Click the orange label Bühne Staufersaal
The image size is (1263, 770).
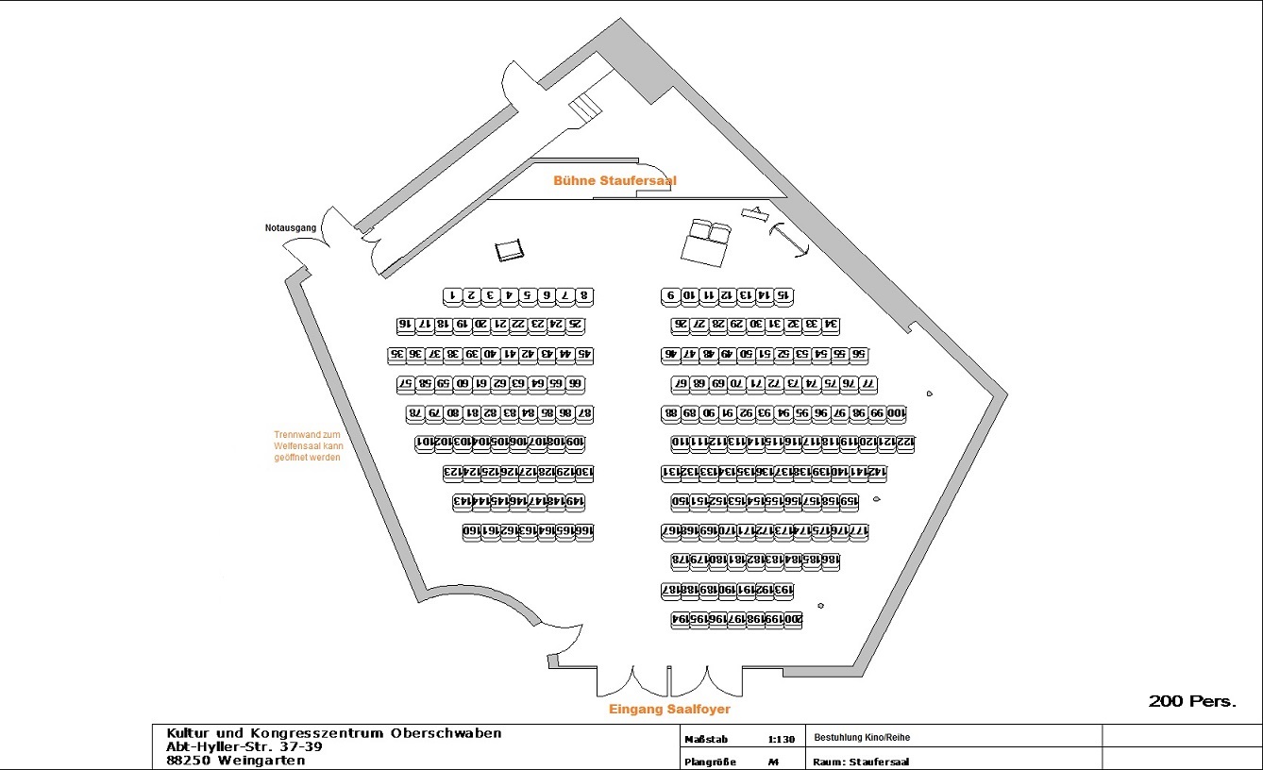click(615, 180)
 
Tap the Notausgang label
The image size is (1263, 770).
click(289, 228)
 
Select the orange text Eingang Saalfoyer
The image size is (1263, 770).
click(669, 709)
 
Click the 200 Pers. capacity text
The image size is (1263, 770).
click(1191, 701)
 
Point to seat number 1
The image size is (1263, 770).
click(452, 296)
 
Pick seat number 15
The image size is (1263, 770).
click(783, 296)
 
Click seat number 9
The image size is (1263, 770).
click(670, 296)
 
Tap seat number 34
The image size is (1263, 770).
click(830, 326)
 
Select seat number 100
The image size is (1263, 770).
click(896, 413)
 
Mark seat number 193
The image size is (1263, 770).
click(783, 591)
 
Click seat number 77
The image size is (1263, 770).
click(867, 384)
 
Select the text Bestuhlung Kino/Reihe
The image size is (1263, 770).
click(862, 737)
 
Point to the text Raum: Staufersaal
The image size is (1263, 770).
click(860, 762)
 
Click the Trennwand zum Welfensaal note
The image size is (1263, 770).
click(307, 445)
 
